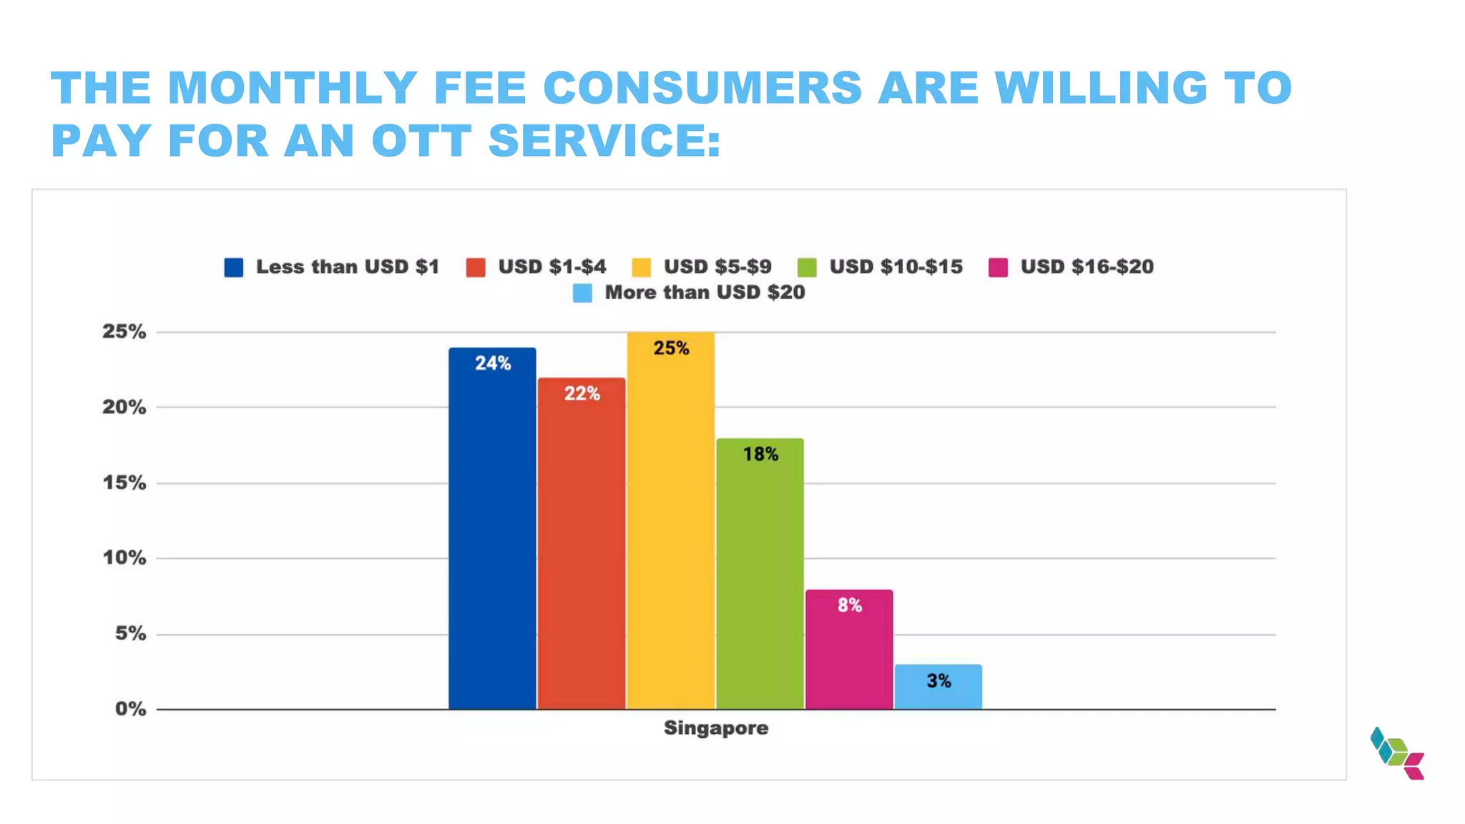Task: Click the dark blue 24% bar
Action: pyautogui.click(x=492, y=529)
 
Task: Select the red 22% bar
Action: pyautogui.click(x=582, y=544)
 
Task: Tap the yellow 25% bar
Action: pyautogui.click(x=671, y=522)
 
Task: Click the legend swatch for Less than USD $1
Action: pyautogui.click(x=234, y=268)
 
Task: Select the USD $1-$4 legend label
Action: pyautogui.click(x=552, y=267)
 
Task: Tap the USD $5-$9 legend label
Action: pyautogui.click(x=717, y=267)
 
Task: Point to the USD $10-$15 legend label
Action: pyautogui.click(x=896, y=267)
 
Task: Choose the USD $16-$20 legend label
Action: pyautogui.click(x=1087, y=267)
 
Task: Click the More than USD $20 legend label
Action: pyautogui.click(x=705, y=293)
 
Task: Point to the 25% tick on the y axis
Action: pyautogui.click(x=124, y=332)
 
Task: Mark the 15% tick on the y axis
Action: pyautogui.click(x=124, y=483)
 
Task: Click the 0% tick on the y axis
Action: pyautogui.click(x=130, y=709)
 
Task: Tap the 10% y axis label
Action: pyautogui.click(x=124, y=558)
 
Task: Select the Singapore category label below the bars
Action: pyautogui.click(x=715, y=728)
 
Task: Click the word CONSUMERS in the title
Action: pyautogui.click(x=702, y=88)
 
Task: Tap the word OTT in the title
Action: pyautogui.click(x=421, y=140)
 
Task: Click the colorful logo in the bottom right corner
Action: pyautogui.click(x=1397, y=754)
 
